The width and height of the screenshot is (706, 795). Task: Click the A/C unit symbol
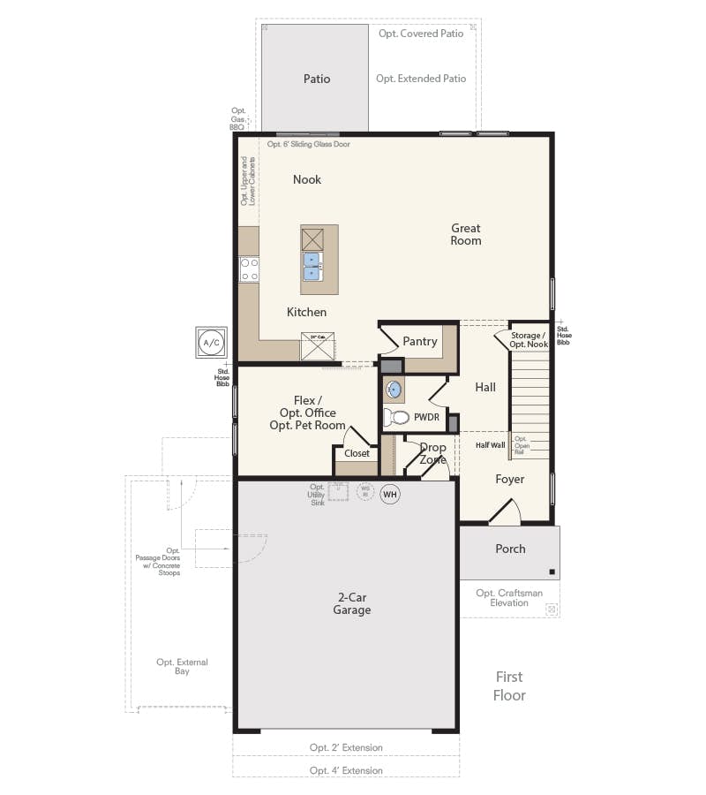pyautogui.click(x=211, y=342)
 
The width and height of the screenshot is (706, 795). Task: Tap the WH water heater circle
pyautogui.click(x=390, y=495)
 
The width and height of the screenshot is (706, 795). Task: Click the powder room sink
pyautogui.click(x=394, y=389)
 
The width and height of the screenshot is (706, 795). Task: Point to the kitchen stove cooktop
pyautogui.click(x=249, y=269)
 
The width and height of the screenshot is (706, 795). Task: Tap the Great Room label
pyautogui.click(x=466, y=234)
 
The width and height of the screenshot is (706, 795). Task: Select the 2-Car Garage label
pyautogui.click(x=351, y=604)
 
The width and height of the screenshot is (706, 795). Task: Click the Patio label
pyautogui.click(x=317, y=79)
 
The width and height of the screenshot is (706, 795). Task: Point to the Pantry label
pyautogui.click(x=420, y=341)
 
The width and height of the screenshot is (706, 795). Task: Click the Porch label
pyautogui.click(x=510, y=549)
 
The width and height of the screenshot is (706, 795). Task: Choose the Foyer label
pyautogui.click(x=509, y=479)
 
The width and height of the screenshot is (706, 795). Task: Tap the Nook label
pyautogui.click(x=307, y=179)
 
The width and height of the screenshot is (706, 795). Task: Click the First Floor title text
pyautogui.click(x=509, y=686)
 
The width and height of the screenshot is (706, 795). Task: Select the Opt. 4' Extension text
pyautogui.click(x=346, y=770)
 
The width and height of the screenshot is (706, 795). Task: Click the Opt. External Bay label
pyautogui.click(x=183, y=667)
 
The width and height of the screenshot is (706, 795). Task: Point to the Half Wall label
pyautogui.click(x=490, y=445)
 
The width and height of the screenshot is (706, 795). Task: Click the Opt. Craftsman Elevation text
pyautogui.click(x=509, y=598)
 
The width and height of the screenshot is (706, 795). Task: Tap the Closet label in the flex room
pyautogui.click(x=357, y=453)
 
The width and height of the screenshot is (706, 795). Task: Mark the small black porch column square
pyautogui.click(x=552, y=571)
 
